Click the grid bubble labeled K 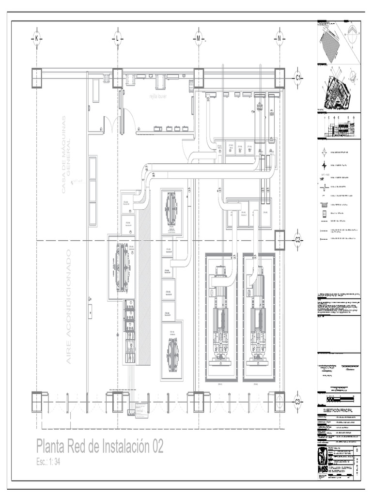click(36, 38)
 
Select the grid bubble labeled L click(117, 38)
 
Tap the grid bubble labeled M click(198, 38)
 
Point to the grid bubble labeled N click(279, 38)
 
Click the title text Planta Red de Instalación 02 click(100, 447)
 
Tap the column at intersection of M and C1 click(199, 78)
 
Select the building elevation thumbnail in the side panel click(339, 128)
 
